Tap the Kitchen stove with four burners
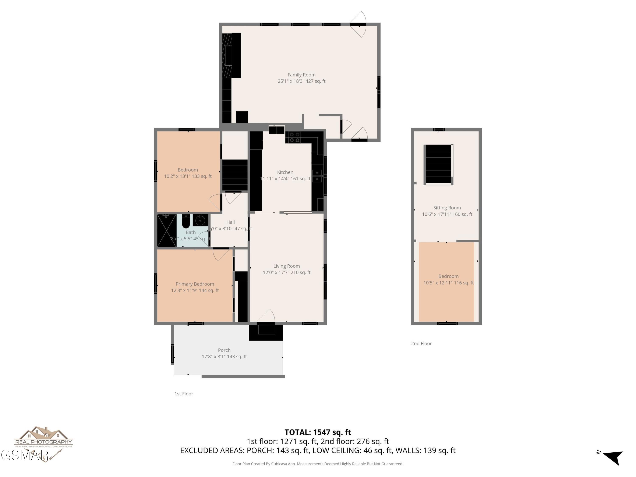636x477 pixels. click(293, 137)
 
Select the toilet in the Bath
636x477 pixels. click(186, 221)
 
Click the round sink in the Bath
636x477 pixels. click(200, 220)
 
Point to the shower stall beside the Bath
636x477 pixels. click(166, 231)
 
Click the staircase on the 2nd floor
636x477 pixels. click(438, 164)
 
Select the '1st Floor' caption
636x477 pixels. click(184, 394)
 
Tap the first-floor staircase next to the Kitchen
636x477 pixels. click(235, 175)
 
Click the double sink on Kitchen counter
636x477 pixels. click(317, 176)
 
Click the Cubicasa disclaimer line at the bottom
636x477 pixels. click(318, 464)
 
